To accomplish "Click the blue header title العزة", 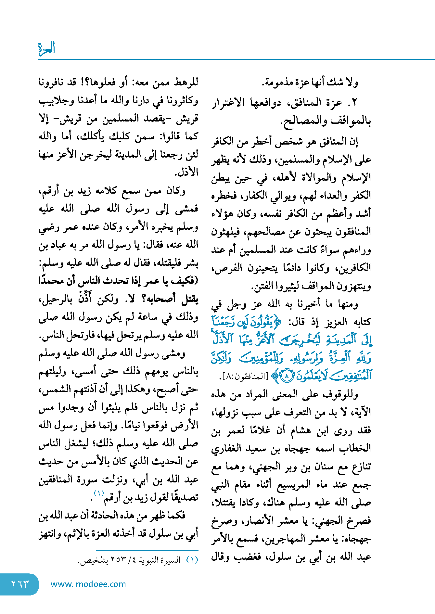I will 47,49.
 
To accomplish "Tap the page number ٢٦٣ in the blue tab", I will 20,584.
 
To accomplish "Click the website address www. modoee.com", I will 88,584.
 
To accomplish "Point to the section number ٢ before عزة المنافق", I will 354,103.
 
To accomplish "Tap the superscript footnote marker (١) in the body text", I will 99,493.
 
